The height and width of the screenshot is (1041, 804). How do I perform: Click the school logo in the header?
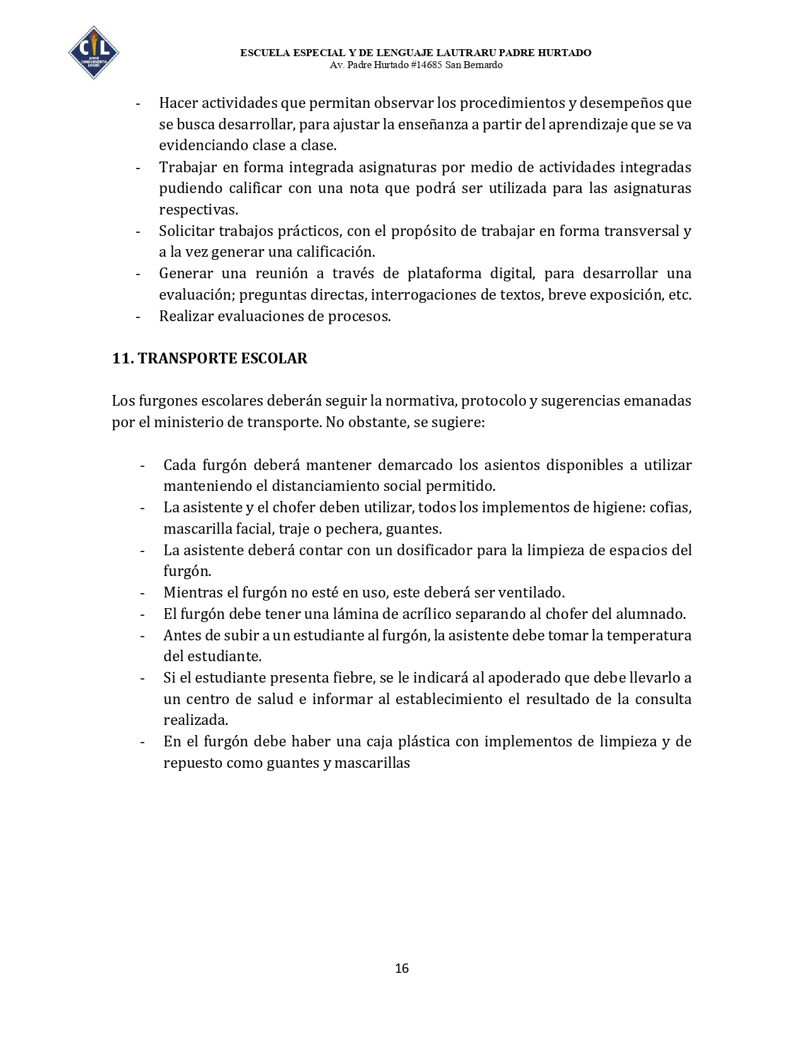pos(93,53)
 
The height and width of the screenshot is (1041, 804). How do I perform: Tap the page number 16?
pos(402,968)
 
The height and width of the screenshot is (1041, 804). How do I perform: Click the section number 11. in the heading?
pos(122,358)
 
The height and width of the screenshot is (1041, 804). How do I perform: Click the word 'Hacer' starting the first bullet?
pos(177,103)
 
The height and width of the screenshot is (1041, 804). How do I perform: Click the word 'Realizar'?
pos(186,316)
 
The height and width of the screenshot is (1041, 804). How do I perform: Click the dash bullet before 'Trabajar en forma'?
pos(138,167)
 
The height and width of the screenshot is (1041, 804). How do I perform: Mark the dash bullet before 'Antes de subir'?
pos(143,635)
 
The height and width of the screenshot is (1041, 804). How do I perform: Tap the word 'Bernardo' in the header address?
pos(484,65)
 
